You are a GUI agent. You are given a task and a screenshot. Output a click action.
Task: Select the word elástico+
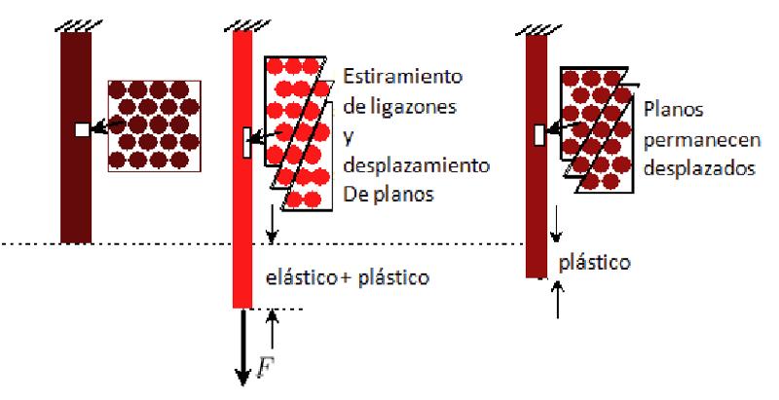pyautogui.click(x=307, y=279)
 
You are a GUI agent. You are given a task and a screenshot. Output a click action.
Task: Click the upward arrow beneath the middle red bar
pyautogui.click(x=274, y=330)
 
